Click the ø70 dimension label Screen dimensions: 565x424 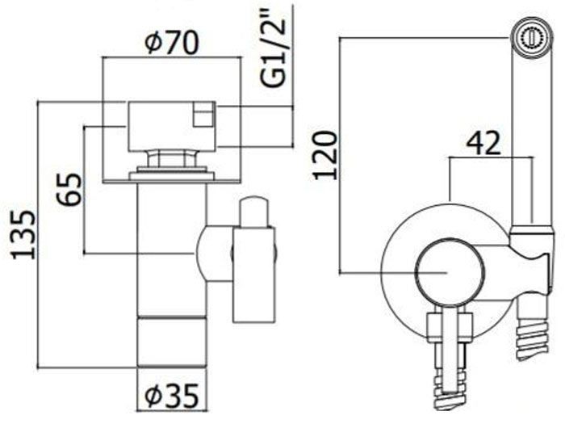tap(171, 43)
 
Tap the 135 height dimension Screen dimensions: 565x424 tap(23, 236)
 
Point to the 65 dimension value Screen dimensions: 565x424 tap(69, 190)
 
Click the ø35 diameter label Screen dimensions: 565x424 tap(171, 395)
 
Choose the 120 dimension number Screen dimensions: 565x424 tap(325, 155)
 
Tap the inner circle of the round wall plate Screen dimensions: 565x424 tap(450, 273)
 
